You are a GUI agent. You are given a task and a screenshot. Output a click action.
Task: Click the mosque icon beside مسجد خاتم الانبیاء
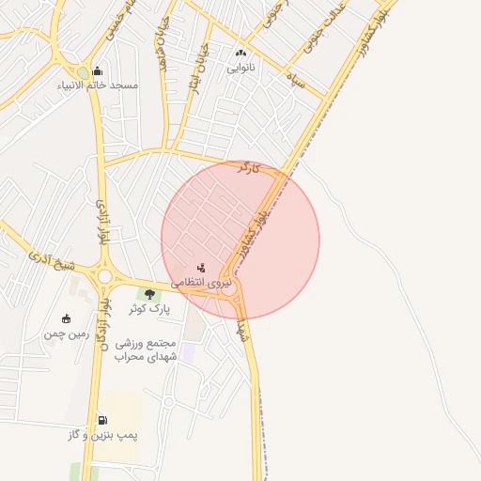coord(98,71)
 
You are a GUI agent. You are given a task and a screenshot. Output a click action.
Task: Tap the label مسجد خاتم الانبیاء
coord(111,85)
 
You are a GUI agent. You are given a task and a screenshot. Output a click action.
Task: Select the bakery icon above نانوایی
coord(241,54)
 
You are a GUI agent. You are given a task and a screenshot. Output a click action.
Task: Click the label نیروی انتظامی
coord(198,281)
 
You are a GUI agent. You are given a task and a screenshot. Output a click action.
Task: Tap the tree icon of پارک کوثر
coord(149,294)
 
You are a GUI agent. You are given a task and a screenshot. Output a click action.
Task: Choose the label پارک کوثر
coord(149,307)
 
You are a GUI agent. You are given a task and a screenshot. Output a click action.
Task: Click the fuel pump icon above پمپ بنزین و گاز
coord(102,420)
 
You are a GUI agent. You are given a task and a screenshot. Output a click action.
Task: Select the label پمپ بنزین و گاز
coord(102,435)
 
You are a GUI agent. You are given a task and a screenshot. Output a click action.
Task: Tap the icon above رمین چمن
coord(66,318)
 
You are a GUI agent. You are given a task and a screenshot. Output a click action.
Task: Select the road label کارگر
coord(249,168)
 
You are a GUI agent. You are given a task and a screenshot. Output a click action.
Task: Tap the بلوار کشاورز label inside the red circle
coord(255,228)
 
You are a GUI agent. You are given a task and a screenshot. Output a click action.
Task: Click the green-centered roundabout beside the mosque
coord(83,72)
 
